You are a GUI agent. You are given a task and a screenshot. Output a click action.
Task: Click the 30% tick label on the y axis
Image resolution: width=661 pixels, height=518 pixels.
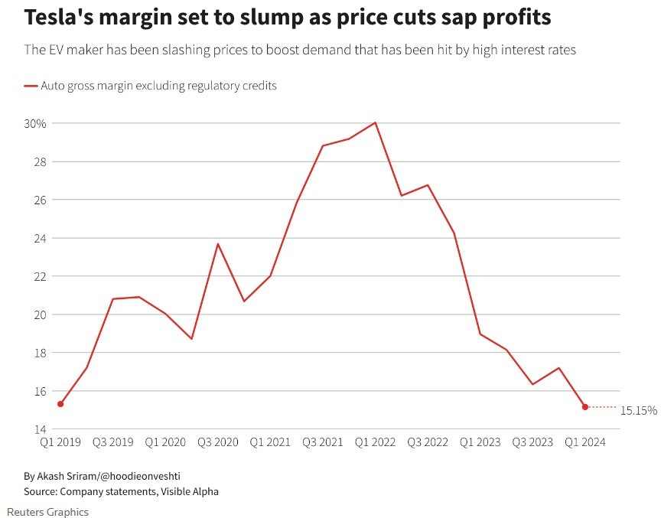(35, 123)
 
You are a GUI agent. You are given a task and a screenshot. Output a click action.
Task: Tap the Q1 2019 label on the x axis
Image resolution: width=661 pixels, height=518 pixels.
(60, 442)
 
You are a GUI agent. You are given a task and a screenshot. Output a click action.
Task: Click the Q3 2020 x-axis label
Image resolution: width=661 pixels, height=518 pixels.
(217, 442)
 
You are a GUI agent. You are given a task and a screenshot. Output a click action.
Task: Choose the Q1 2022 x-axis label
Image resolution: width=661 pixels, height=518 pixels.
(375, 442)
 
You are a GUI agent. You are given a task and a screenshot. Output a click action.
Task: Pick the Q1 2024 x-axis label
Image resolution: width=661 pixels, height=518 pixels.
(584, 442)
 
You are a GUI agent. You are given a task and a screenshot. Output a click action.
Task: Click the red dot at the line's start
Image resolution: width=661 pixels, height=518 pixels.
(60, 404)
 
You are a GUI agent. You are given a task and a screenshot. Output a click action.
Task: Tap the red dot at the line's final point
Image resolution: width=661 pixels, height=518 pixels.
(585, 407)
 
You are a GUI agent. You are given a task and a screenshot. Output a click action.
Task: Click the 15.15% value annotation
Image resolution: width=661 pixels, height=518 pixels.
(639, 411)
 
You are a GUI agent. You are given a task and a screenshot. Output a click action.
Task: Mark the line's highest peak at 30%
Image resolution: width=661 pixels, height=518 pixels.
(375, 122)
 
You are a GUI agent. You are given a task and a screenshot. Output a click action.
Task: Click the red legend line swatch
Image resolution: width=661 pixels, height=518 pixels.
(31, 86)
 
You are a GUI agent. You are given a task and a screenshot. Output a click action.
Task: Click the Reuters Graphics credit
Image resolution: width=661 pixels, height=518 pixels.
(48, 512)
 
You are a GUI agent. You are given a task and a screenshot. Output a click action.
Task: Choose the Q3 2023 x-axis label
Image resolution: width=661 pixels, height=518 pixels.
(532, 442)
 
